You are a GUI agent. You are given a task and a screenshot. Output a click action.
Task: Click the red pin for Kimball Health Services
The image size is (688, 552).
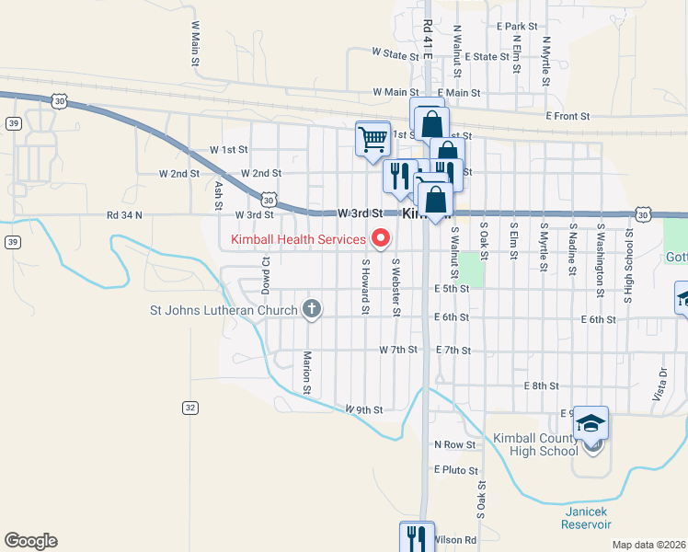tap(380, 240)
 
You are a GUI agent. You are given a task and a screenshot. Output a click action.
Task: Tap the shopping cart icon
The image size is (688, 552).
tap(373, 140)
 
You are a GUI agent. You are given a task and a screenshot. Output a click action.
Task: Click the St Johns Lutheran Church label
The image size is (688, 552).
tap(224, 310)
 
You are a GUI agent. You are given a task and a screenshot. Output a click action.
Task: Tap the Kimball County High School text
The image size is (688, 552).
tap(534, 443)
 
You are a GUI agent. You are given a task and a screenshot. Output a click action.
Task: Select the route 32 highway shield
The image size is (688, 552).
tap(189, 407)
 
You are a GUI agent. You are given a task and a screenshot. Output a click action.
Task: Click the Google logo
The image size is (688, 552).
tap(30, 541)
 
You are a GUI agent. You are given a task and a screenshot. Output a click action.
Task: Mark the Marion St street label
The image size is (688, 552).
tap(307, 366)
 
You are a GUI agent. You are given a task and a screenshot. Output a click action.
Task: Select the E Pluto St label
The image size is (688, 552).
tap(455, 469)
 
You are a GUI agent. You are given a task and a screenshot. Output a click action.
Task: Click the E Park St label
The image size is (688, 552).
tap(516, 27)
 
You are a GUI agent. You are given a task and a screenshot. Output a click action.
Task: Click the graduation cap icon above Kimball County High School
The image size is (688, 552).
tap(591, 423)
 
